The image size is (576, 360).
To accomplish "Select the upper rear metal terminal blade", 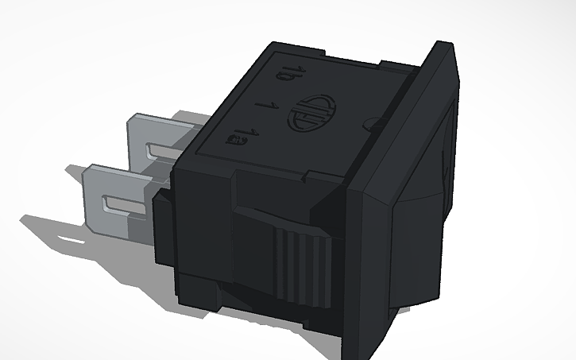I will click(x=159, y=135).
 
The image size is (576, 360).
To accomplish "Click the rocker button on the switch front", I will click(x=446, y=151).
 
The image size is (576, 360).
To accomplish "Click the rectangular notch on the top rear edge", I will click(x=397, y=62).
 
